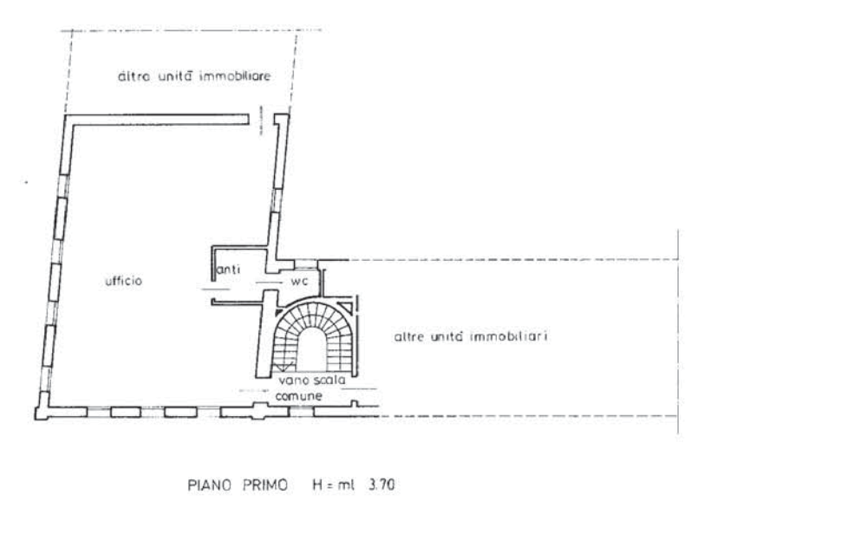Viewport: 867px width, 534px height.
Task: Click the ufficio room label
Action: [121, 282]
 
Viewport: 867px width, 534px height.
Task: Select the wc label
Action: [297, 282]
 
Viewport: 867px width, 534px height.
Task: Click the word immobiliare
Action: [237, 77]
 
